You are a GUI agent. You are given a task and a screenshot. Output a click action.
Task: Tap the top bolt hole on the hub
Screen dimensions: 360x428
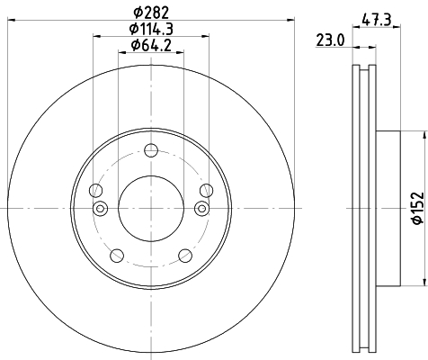click(151, 155)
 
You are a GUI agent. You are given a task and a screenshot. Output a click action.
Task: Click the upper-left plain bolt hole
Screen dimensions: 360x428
click(96, 190)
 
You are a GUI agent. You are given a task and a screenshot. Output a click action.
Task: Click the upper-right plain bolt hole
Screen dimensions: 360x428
click(206, 190)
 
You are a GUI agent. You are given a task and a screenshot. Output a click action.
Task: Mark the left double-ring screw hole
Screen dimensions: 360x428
click(101, 210)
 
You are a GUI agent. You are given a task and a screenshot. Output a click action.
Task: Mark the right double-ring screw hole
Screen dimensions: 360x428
click(201, 210)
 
